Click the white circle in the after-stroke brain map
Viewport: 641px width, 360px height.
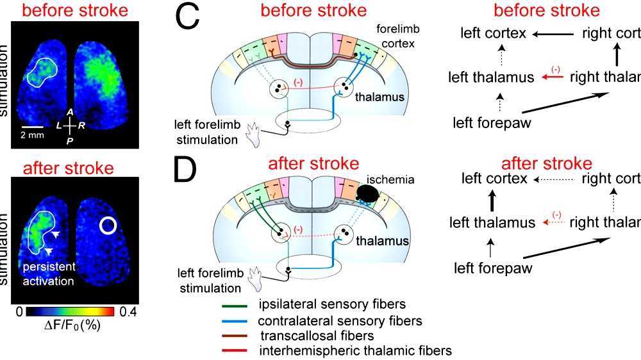[108, 225]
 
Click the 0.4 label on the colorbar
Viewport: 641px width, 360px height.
[128, 312]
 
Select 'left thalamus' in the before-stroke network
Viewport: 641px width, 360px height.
[491, 78]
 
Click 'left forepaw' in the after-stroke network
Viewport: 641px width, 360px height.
[493, 268]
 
